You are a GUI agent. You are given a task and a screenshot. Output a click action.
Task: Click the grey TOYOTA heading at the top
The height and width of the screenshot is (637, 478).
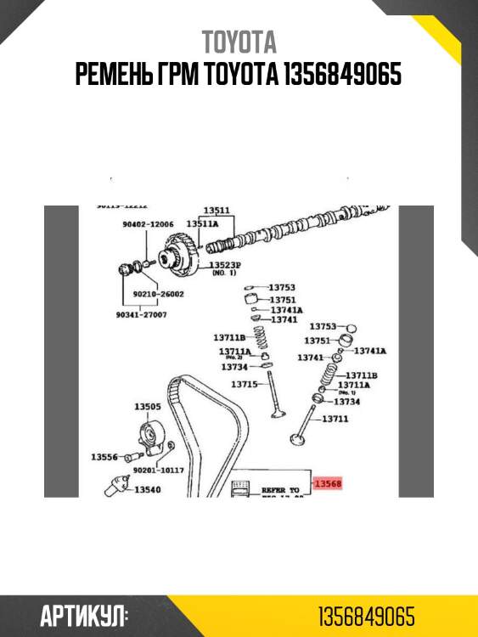239,42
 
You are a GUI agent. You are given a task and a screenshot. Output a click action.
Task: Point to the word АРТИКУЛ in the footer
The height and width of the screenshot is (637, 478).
83,616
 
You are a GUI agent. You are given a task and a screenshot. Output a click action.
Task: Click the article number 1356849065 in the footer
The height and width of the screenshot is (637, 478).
367,616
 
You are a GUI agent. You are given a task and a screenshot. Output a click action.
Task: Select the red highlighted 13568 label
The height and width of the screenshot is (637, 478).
328,484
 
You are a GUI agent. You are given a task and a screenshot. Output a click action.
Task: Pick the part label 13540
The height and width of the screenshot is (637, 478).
147,489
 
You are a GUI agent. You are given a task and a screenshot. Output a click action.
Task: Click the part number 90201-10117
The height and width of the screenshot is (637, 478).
160,470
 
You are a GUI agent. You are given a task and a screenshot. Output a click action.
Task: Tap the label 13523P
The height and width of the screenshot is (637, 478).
225,266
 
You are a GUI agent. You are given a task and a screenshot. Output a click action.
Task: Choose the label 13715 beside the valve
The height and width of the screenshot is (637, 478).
245,384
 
